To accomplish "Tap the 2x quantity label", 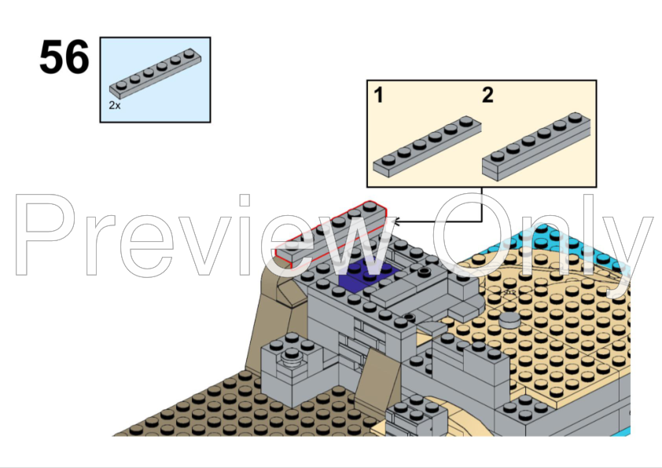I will point(115,104).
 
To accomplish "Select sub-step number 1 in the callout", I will point(379,96).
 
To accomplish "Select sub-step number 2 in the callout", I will point(487,96).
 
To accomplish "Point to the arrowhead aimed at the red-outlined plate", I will point(395,222).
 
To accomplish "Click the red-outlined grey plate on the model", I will point(334,234).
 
